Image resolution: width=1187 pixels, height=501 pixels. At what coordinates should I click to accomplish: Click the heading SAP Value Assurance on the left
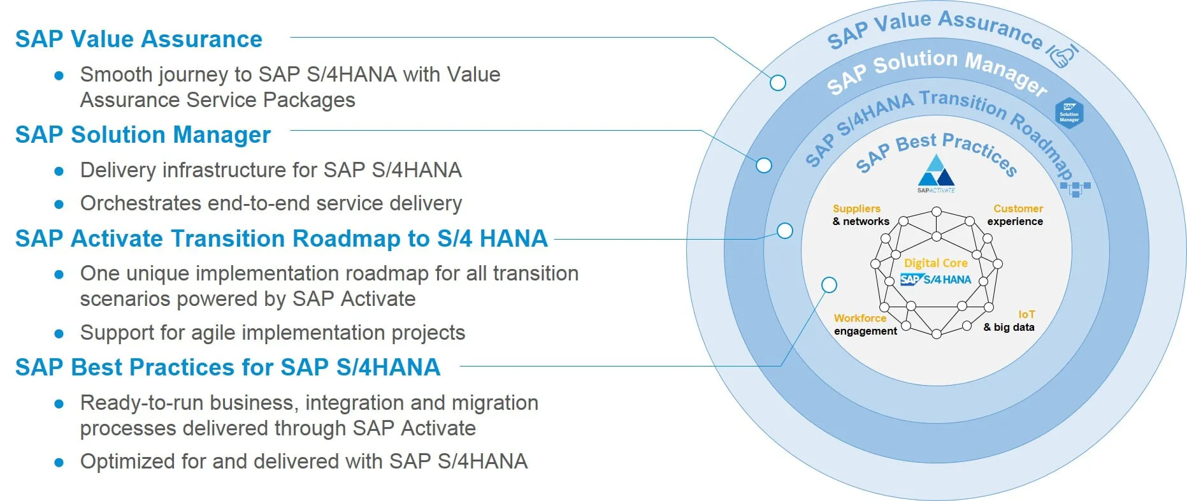[x=138, y=40]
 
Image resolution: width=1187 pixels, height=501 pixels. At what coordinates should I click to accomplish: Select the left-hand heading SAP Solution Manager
[x=143, y=135]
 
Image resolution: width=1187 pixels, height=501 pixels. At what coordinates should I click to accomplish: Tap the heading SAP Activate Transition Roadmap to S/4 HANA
[x=281, y=239]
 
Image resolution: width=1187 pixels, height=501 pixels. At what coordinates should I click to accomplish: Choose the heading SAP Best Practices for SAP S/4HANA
[x=227, y=368]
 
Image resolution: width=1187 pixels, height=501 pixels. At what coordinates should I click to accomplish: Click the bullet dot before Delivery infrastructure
[x=59, y=171]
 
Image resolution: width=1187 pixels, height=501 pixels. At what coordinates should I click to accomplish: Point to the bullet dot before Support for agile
[x=59, y=333]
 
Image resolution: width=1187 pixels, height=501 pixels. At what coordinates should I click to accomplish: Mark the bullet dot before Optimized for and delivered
[x=59, y=462]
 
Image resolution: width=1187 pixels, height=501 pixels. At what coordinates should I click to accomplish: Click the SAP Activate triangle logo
[x=936, y=171]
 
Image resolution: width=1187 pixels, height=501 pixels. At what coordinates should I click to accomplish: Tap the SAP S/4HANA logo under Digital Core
[x=935, y=279]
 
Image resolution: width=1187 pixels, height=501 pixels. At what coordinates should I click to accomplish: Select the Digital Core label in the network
[x=935, y=263]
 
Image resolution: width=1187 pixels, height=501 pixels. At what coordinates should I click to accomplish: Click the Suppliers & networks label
[x=860, y=215]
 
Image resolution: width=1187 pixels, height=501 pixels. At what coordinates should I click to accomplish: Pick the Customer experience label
[x=1016, y=215]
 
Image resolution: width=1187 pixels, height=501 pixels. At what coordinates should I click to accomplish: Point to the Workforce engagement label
[x=865, y=324]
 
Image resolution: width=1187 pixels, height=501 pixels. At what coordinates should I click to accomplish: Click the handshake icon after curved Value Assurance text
[x=1063, y=55]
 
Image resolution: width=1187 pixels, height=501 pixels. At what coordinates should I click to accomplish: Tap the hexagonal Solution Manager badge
[x=1069, y=113]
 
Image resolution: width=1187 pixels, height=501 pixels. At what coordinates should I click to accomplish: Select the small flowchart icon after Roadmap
[x=1075, y=188]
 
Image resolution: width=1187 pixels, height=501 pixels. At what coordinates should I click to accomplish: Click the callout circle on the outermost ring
[x=777, y=83]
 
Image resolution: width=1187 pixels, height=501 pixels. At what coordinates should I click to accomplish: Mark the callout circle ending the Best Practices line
[x=829, y=285]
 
